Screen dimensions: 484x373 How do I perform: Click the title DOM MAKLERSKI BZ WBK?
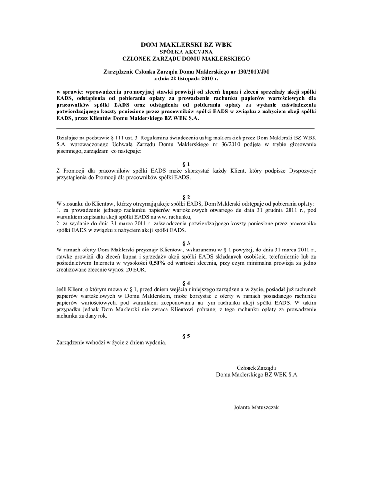186,44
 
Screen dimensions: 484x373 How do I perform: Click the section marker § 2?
186,196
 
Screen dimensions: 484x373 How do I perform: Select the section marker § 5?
186,336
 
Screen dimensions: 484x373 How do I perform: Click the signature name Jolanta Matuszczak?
257,406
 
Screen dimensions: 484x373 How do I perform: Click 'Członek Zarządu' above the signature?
256,367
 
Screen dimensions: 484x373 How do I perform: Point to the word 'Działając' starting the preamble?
66,137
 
